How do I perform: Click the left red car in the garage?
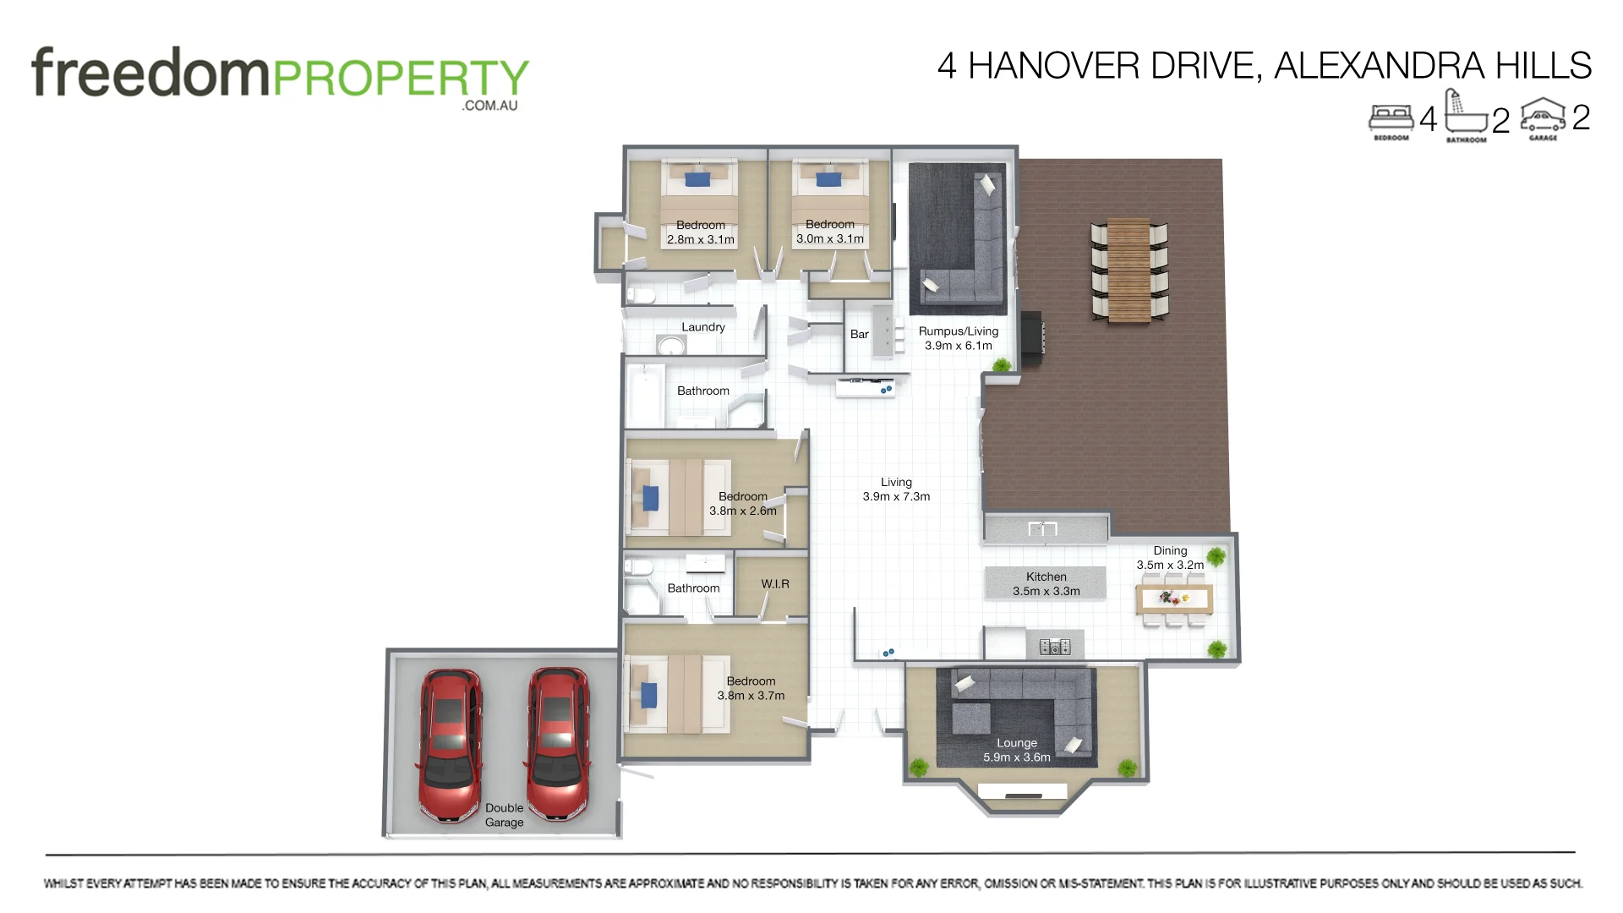pos(451,746)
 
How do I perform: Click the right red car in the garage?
pos(558,744)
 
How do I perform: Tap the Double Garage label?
pos(504,815)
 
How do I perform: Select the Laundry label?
pos(702,327)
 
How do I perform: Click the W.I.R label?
pos(774,584)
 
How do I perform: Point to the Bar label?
pos(859,335)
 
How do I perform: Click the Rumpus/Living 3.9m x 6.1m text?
pos(958,338)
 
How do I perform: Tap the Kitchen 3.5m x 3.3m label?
pos(1046,584)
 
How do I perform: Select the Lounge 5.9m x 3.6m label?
pos(1016,751)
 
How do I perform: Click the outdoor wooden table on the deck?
pos(1128,271)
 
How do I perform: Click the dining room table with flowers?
pos(1174,599)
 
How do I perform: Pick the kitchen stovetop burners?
pos(1054,648)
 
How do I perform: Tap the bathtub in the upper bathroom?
pos(647,396)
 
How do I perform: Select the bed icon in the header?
pos(1391,119)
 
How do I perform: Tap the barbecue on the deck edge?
pos(1030,334)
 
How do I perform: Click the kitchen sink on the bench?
pos(1041,529)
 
